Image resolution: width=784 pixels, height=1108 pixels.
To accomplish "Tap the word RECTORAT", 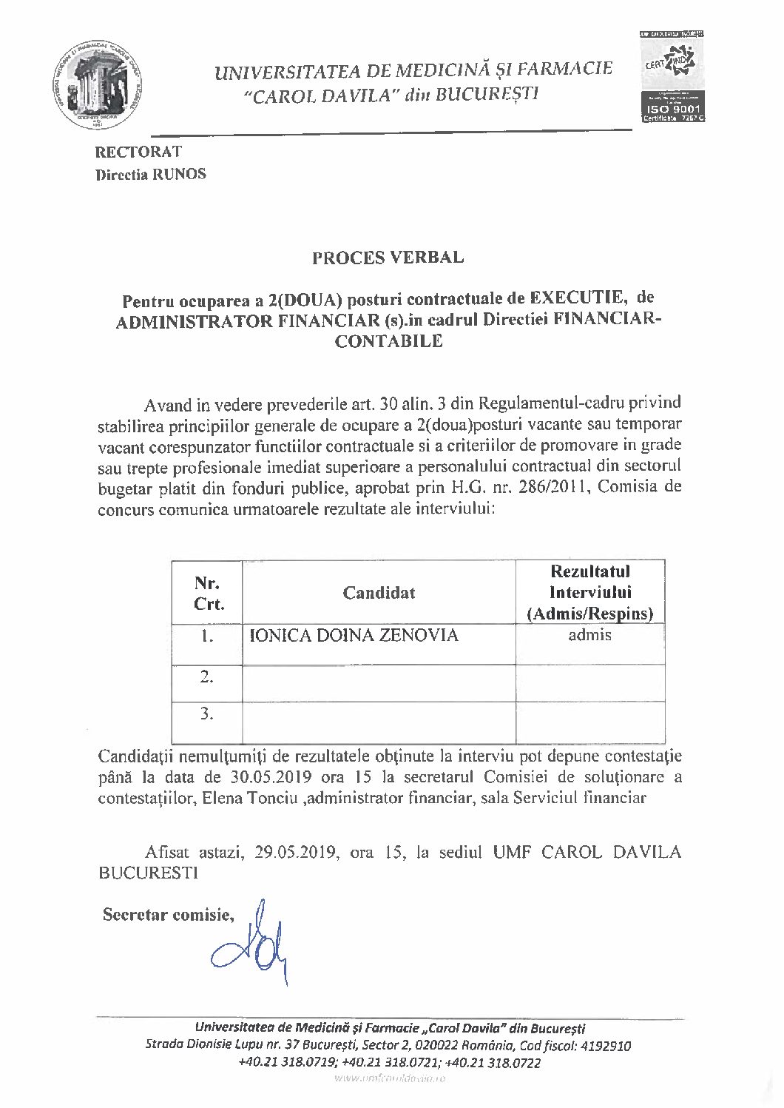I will click(138, 152).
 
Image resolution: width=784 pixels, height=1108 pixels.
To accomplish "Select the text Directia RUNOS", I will click(150, 175).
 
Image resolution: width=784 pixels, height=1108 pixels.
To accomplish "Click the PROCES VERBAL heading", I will click(388, 258).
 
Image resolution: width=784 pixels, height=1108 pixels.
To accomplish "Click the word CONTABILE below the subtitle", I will click(389, 342).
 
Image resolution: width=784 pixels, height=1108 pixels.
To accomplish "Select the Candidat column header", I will click(379, 593).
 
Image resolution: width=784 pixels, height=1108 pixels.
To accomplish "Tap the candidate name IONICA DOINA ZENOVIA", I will click(354, 635).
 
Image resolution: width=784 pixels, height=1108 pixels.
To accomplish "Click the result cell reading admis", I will click(589, 635).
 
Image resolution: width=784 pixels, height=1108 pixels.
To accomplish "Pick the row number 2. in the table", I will click(207, 676).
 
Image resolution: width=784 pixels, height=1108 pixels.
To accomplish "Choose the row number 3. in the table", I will click(207, 714).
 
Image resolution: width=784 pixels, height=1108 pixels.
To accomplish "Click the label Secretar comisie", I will click(168, 915).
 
